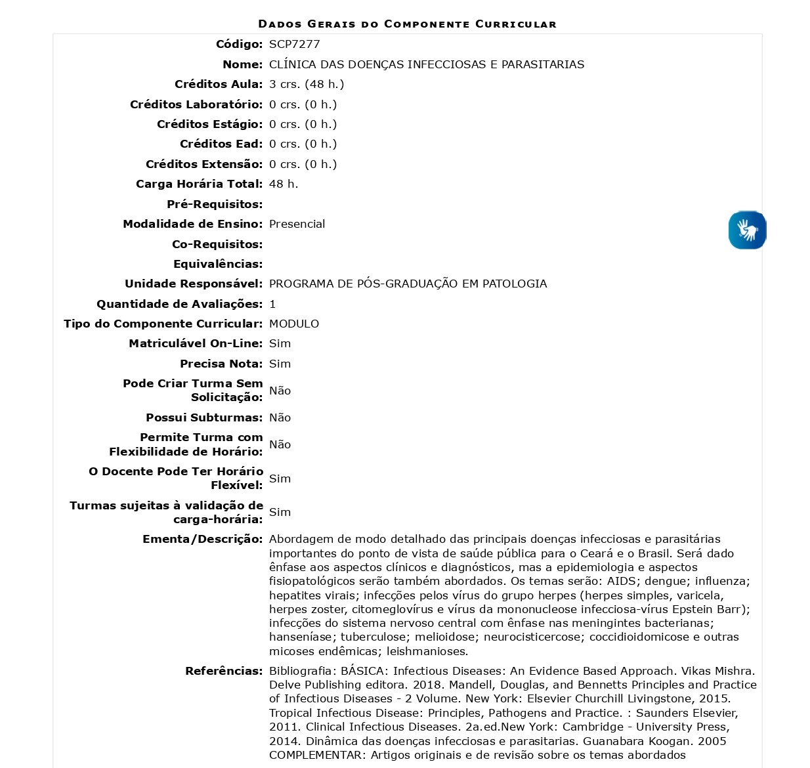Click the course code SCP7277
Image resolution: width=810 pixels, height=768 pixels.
(294, 44)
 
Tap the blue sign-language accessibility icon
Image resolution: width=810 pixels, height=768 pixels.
(747, 230)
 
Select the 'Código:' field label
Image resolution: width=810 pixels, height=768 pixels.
(239, 44)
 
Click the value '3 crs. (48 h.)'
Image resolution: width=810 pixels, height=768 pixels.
(307, 84)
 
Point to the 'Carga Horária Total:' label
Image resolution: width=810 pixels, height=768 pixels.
(199, 184)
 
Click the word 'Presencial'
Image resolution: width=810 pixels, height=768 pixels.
(297, 224)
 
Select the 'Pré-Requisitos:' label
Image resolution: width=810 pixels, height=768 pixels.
(215, 204)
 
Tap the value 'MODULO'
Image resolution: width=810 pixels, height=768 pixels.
(294, 324)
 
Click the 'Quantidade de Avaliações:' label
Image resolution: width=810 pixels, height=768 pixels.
(179, 304)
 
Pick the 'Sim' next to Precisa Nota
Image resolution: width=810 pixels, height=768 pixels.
(280, 364)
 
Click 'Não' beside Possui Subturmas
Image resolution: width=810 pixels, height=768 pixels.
(280, 417)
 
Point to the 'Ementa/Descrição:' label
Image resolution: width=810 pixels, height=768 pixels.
(202, 539)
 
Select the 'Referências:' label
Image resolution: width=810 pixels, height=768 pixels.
(224, 671)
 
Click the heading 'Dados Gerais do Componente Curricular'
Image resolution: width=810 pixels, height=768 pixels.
(407, 24)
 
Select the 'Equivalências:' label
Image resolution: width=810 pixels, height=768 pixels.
(218, 264)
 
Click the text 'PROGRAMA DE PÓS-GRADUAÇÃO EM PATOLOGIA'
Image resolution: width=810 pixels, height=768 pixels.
(408, 284)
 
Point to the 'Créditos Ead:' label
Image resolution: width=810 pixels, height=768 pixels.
(221, 144)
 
